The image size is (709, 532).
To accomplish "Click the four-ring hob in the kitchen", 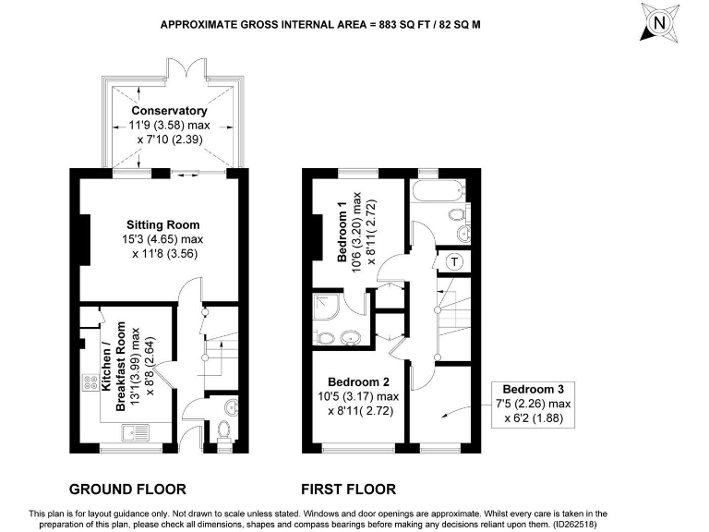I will click(91, 381).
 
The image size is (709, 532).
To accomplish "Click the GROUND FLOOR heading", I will click(128, 490).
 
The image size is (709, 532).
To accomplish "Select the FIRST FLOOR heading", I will click(349, 490).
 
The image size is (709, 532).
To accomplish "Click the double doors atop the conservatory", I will click(176, 70).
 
